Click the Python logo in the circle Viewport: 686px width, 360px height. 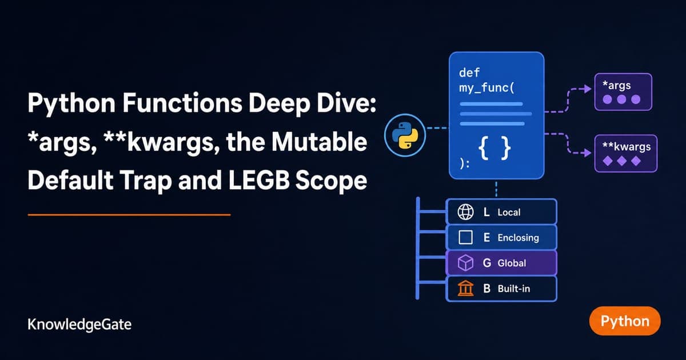(405, 135)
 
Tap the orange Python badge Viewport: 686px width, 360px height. (625, 321)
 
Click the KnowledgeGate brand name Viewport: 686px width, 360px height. (79, 325)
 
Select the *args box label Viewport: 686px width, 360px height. (616, 85)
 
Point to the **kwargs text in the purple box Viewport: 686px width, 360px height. (627, 147)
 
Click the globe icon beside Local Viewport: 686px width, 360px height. (465, 212)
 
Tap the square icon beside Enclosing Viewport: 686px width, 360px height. (465, 237)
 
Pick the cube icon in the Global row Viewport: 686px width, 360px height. (465, 263)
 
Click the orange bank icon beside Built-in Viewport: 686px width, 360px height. (465, 288)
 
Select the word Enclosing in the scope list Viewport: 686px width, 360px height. (518, 238)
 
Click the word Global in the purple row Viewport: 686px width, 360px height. (512, 263)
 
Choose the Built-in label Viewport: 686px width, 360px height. (513, 289)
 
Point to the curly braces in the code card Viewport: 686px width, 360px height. (494, 148)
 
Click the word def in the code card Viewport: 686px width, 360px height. (469, 73)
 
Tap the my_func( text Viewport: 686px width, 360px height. (486, 88)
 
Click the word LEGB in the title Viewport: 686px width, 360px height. (258, 181)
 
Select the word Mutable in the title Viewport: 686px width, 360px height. (320, 142)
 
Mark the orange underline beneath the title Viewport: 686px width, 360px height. (129, 215)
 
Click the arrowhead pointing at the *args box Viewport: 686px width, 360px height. (588, 89)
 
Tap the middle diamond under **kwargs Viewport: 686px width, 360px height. (622, 161)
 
